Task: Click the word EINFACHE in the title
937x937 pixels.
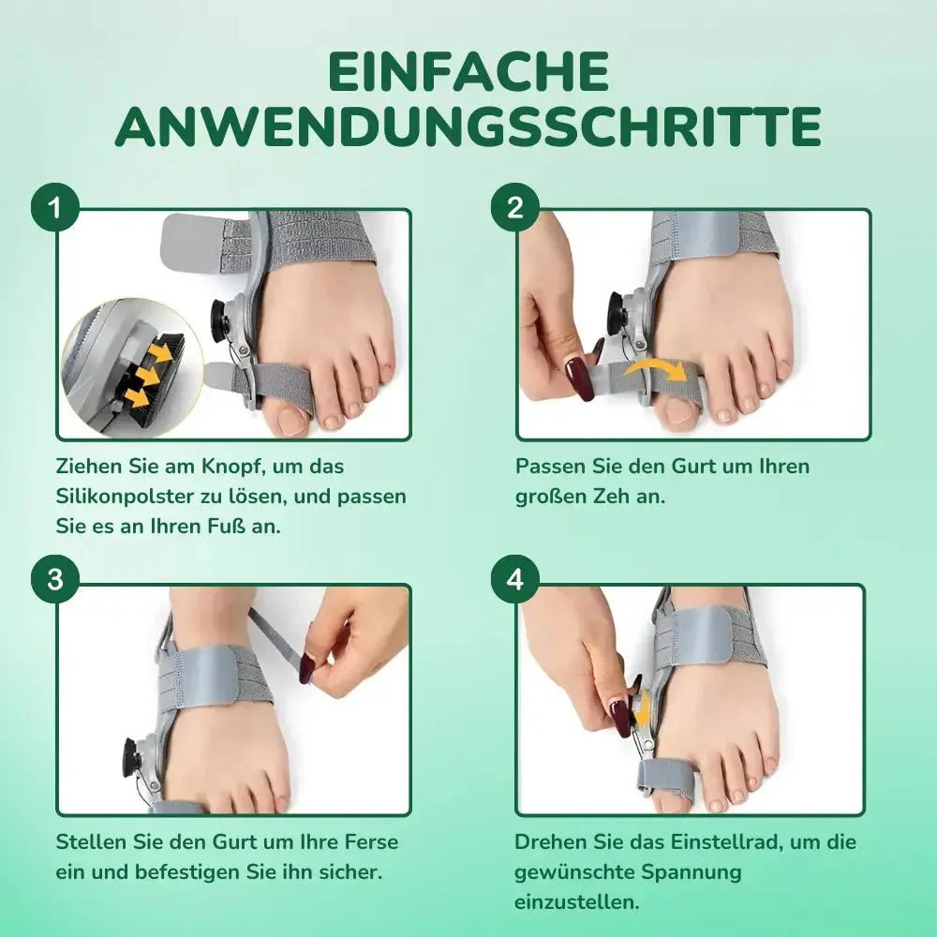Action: (x=468, y=71)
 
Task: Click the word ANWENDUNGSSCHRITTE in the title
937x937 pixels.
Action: (x=468, y=126)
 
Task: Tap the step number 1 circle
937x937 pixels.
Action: (x=55, y=209)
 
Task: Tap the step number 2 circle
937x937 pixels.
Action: (x=515, y=209)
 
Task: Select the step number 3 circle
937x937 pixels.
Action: (x=55, y=580)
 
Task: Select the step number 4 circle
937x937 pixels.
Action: (x=515, y=580)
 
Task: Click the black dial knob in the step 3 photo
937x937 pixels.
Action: (x=129, y=757)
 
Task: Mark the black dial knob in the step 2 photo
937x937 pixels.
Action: (x=617, y=311)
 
